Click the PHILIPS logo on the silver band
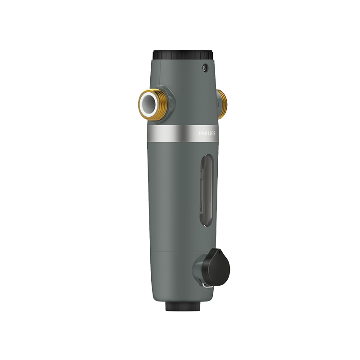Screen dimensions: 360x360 (207, 133)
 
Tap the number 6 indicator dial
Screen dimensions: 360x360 (204, 68)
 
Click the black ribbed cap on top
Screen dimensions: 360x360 (183, 55)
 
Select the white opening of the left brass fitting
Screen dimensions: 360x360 (148, 103)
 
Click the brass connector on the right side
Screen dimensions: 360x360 (222, 104)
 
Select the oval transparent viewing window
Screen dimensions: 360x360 (207, 190)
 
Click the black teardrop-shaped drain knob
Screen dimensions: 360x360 (216, 267)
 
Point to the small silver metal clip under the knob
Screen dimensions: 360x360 (207, 285)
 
